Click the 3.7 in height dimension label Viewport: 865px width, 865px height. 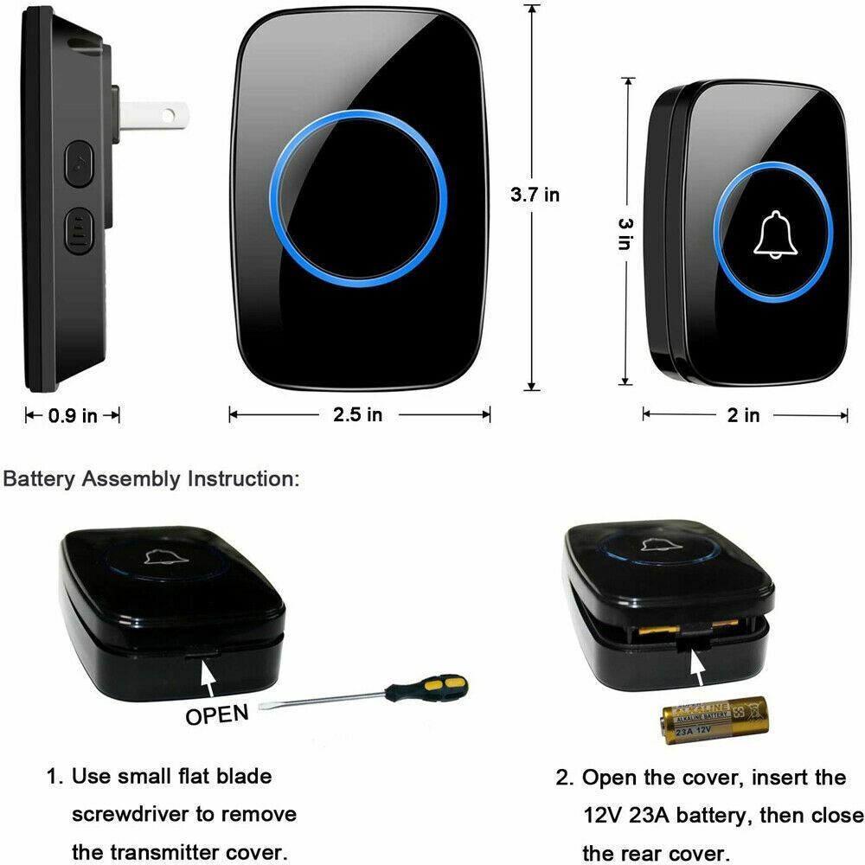[535, 195]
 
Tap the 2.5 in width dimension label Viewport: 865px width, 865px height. [357, 415]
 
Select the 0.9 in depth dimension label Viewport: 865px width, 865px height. [73, 416]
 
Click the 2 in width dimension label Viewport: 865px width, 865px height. [743, 416]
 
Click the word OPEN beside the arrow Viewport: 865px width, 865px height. [217, 714]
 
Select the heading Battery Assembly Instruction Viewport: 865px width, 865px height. [152, 479]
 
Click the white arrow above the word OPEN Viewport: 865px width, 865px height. [208, 674]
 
